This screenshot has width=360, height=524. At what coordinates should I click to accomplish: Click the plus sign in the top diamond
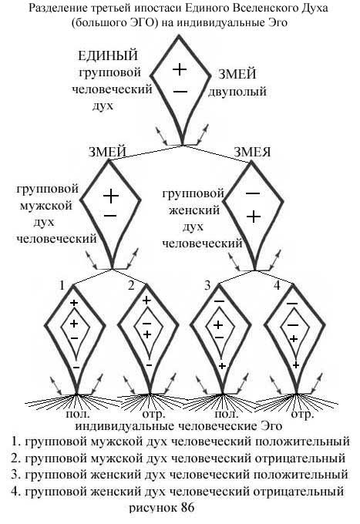pyautogui.click(x=180, y=69)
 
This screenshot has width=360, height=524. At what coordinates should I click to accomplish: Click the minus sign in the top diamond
pyautogui.click(x=180, y=91)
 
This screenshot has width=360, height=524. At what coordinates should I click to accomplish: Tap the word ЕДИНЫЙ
pyautogui.click(x=108, y=55)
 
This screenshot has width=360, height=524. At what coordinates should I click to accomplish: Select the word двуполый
pyautogui.click(x=237, y=91)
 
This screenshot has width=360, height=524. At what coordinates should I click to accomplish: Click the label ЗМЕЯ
pyautogui.click(x=252, y=152)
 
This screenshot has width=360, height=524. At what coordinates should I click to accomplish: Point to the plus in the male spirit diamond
pyautogui.click(x=111, y=196)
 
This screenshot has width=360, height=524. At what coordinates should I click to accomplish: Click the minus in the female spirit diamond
pyautogui.click(x=253, y=193)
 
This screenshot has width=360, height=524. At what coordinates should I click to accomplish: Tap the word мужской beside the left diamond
pyautogui.click(x=45, y=206)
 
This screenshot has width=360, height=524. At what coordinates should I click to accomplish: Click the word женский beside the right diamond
pyautogui.click(x=193, y=210)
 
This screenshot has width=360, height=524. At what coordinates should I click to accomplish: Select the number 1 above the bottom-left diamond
pyautogui.click(x=62, y=285)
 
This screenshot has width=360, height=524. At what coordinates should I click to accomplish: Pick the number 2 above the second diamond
pyautogui.click(x=131, y=285)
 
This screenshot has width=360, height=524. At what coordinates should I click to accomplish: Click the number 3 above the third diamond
pyautogui.click(x=207, y=285)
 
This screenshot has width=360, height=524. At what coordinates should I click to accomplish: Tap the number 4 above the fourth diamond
pyautogui.click(x=277, y=285)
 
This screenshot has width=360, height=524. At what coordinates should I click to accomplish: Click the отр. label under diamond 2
pyautogui.click(x=154, y=415)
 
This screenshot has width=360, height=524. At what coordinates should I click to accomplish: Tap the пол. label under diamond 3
pyautogui.click(x=227, y=415)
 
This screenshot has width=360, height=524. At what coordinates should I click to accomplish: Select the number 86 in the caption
pyautogui.click(x=187, y=508)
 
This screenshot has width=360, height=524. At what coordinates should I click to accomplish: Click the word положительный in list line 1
pyautogui.click(x=302, y=442)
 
